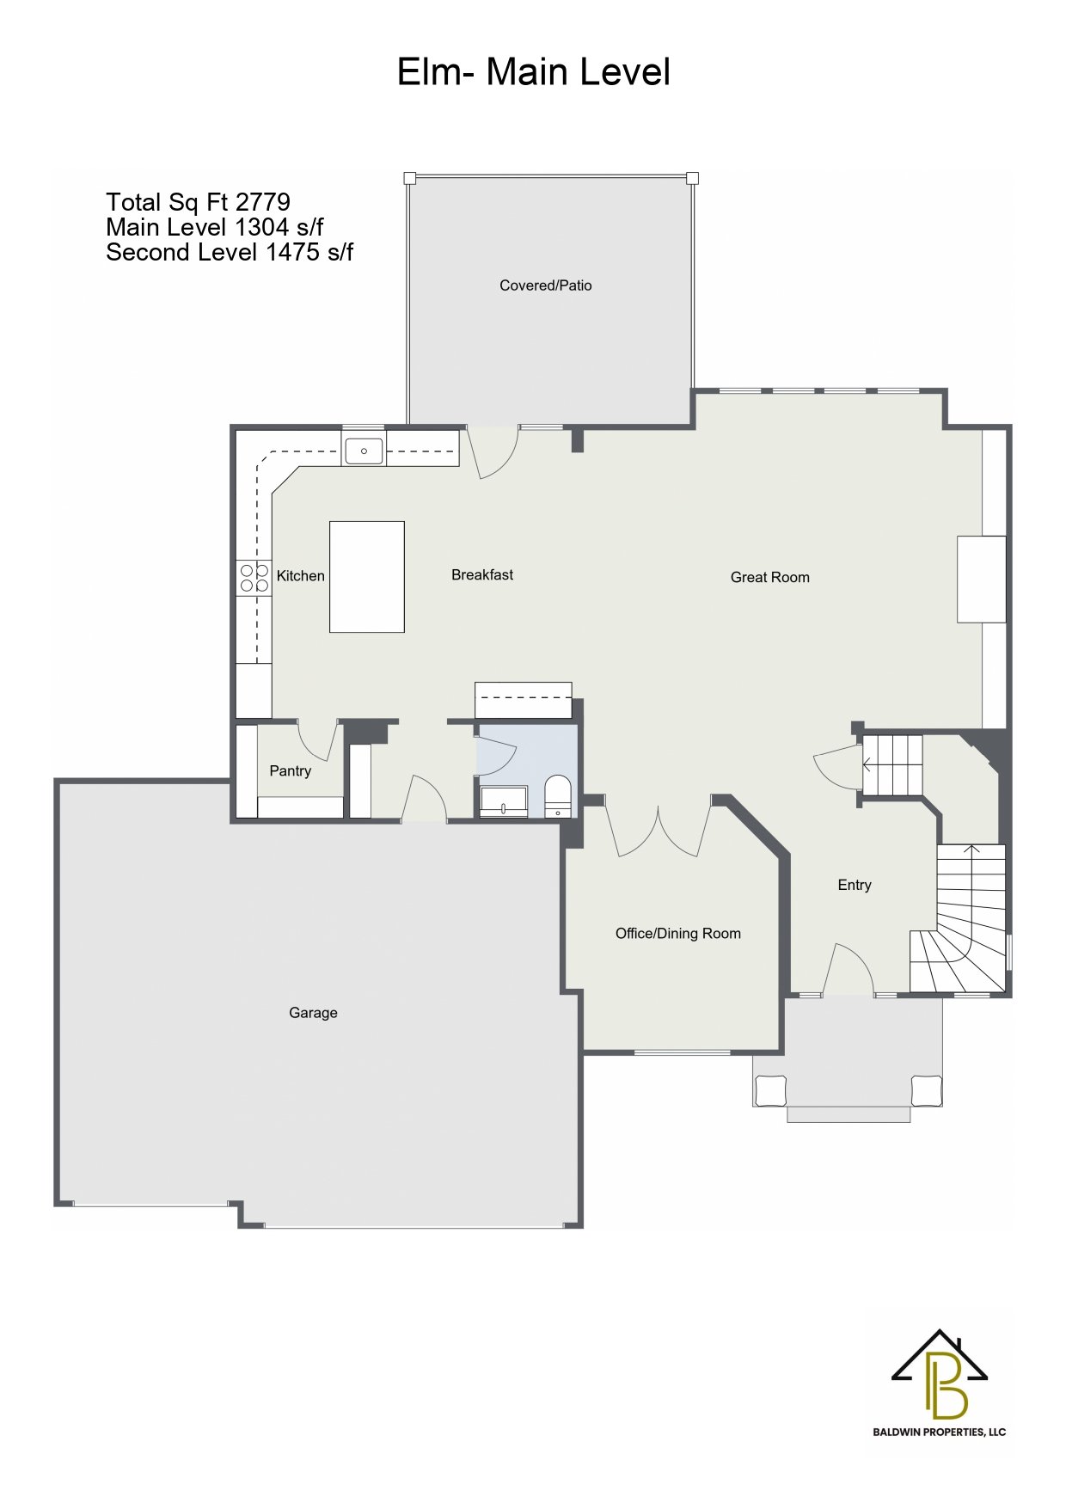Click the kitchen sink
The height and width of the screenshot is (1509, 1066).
pos(365,451)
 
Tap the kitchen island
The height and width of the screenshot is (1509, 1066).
pos(367,577)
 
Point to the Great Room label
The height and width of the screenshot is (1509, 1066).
pos(770,577)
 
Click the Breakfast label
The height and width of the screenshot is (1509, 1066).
pos(482,574)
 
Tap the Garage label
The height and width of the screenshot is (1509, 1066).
pos(313,1013)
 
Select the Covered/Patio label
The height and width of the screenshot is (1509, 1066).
pos(546,285)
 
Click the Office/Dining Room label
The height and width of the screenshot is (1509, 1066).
pos(678,934)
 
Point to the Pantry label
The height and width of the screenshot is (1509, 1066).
pos(291,770)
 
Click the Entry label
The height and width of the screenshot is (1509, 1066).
pos(855,885)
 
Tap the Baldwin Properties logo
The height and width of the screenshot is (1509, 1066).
pos(940,1383)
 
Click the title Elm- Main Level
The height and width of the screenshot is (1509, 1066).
pos(533,71)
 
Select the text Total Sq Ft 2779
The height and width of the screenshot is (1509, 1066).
pos(198,202)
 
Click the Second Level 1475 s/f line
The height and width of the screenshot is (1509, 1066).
pos(230,252)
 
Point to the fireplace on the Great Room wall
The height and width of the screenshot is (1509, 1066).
pos(982,579)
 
